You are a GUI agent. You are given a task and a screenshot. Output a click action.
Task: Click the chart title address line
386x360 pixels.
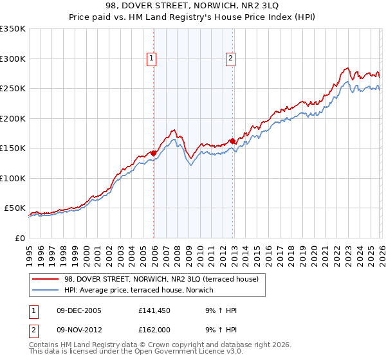[x=193, y=6]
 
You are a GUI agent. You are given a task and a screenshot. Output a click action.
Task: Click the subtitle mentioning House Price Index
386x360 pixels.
[x=193, y=17]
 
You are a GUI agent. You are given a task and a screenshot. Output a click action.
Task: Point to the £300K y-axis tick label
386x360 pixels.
[x=13, y=59]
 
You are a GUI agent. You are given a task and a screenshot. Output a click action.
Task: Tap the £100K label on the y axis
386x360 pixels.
[x=13, y=178]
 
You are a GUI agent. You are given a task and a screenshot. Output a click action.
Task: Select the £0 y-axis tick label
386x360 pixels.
[x=19, y=238]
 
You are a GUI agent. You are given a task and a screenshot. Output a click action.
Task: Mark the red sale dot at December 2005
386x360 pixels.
[x=153, y=153]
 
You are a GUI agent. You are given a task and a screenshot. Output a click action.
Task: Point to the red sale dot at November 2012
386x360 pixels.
[x=232, y=141]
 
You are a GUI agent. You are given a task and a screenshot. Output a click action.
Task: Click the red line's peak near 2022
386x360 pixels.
[x=347, y=67]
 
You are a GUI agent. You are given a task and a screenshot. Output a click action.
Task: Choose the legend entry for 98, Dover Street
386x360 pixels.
[x=161, y=279]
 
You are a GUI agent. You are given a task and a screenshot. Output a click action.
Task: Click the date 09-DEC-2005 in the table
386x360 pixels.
[x=78, y=310]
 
